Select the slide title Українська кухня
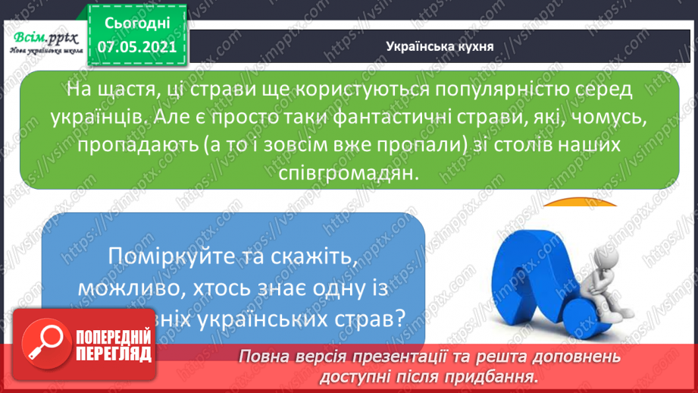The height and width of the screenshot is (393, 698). [x=439, y=46]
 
